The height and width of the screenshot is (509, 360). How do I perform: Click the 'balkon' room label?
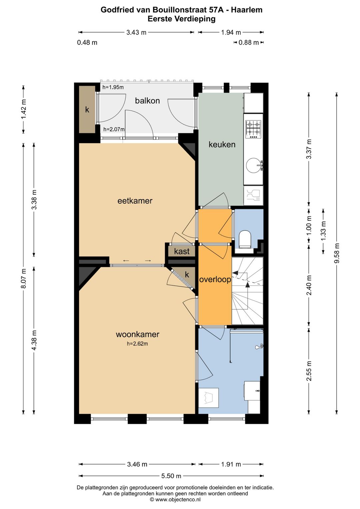click(147, 101)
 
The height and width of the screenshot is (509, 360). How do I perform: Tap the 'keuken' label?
click(222, 144)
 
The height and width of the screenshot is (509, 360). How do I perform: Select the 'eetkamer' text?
click(135, 201)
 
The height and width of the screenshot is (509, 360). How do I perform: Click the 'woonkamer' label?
click(137, 334)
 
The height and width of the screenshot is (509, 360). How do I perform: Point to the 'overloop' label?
click(215, 280)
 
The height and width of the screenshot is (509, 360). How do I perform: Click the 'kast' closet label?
click(182, 251)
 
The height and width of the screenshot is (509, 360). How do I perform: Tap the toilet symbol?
click(245, 239)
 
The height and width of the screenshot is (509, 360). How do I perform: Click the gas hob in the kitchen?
click(253, 129)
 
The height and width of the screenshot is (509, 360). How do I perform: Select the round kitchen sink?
click(254, 165)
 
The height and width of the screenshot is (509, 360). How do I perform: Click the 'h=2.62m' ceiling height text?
click(137, 344)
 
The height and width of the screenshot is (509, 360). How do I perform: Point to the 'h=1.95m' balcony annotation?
click(113, 87)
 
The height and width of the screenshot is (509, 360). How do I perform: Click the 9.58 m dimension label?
click(337, 253)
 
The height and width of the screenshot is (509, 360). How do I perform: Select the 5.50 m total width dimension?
click(171, 476)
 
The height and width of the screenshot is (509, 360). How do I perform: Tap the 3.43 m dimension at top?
click(136, 32)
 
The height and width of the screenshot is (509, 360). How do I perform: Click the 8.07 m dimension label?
click(24, 279)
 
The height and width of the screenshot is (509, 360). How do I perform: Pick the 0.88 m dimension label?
click(248, 43)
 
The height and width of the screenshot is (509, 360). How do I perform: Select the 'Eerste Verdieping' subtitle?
click(181, 19)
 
